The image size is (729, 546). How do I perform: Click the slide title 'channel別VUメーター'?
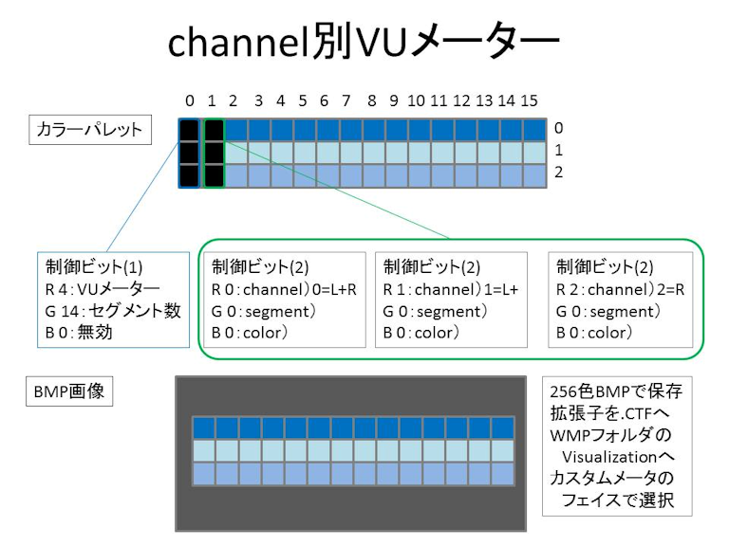pyautogui.click(x=364, y=45)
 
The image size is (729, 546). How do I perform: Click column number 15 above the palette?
pyautogui.click(x=530, y=100)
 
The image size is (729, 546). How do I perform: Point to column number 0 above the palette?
pyautogui.click(x=190, y=100)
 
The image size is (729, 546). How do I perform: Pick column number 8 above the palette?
pyautogui.click(x=371, y=100)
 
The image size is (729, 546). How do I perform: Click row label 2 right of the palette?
pyautogui.click(x=559, y=173)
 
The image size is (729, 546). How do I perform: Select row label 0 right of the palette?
pyautogui.click(x=559, y=127)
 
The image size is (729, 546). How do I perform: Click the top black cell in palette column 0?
pyautogui.click(x=190, y=130)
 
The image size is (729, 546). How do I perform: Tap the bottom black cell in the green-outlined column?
pyautogui.click(x=214, y=175)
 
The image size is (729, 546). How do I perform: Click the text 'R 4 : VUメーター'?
pyautogui.click(x=101, y=288)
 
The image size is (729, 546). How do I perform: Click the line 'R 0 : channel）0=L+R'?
pyautogui.click(x=284, y=288)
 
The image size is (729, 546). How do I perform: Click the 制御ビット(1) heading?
pyautogui.click(x=88, y=266)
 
